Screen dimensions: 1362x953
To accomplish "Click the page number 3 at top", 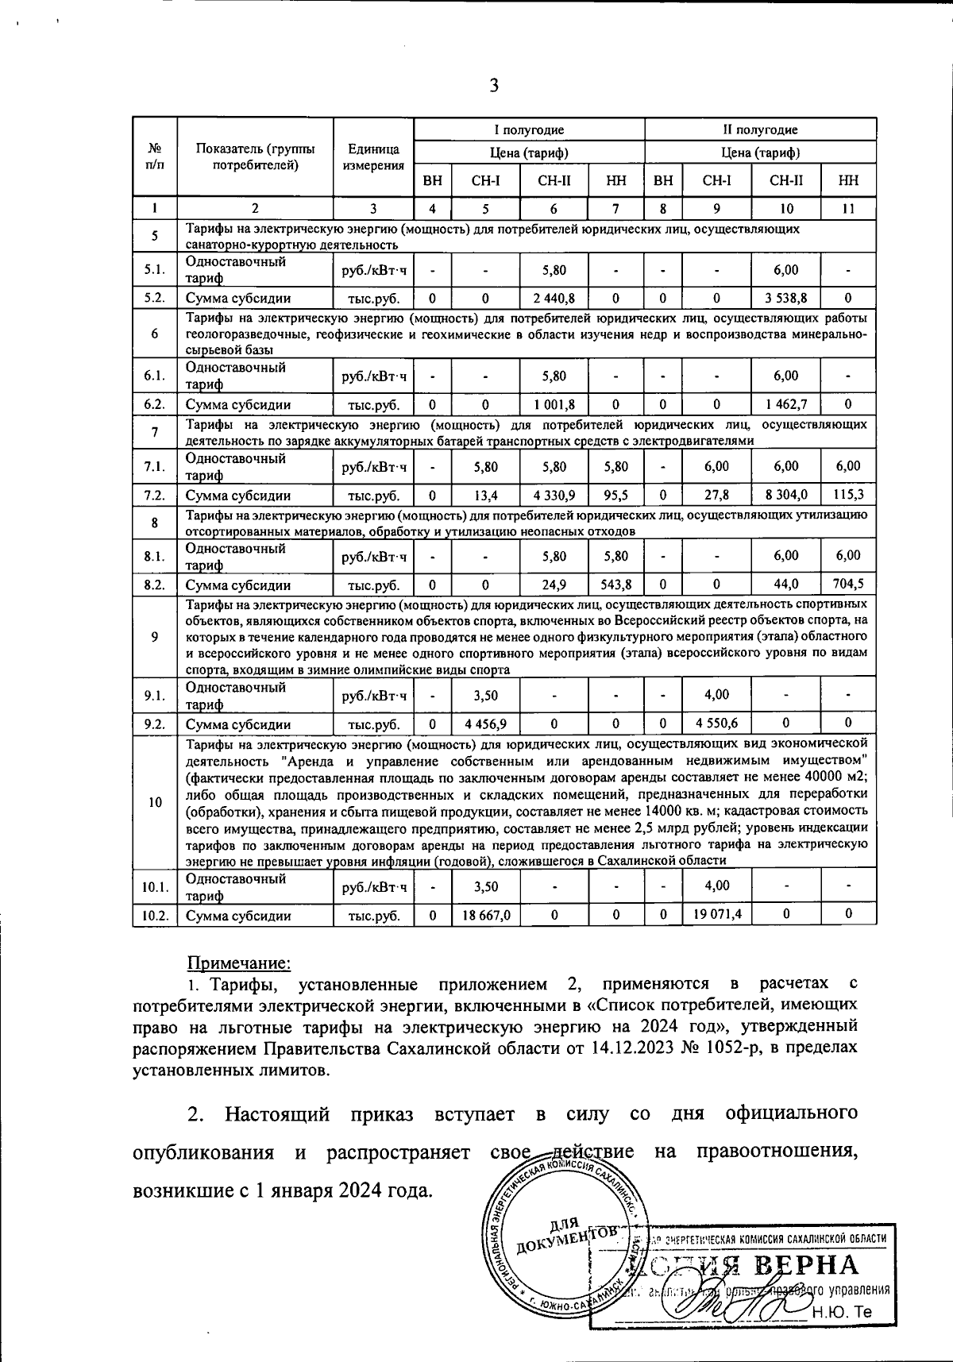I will click(x=493, y=86).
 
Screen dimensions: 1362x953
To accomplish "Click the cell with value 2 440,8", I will click(x=554, y=299).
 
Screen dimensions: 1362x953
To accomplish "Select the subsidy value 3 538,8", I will click(x=785, y=299).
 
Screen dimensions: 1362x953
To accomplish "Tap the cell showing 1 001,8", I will click(x=554, y=405).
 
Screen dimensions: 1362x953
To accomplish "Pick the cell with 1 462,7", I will click(x=785, y=405).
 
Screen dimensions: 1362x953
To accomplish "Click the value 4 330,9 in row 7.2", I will click(x=554, y=496).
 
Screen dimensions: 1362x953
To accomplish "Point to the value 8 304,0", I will click(x=785, y=496).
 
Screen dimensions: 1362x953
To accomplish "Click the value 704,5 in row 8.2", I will click(x=848, y=585).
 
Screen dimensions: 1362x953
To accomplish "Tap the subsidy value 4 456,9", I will click(x=485, y=723).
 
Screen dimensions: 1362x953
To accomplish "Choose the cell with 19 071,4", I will click(x=716, y=915).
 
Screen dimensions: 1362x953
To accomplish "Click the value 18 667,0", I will click(x=485, y=915).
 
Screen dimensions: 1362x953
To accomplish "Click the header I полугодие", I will click(x=530, y=129).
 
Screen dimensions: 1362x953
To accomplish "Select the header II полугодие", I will click(x=761, y=129).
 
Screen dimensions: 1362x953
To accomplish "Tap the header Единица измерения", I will click(x=373, y=157).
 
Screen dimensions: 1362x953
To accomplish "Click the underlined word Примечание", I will click(x=239, y=963).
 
